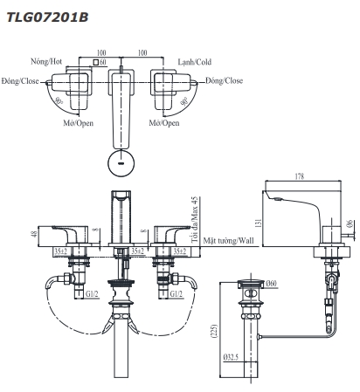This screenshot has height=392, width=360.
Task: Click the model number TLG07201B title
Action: (47, 17)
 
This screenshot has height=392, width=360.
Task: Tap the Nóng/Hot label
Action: (46, 61)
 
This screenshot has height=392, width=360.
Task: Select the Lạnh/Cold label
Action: (195, 62)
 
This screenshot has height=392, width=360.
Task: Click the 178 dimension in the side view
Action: (300, 176)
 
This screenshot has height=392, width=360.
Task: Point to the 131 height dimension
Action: (258, 223)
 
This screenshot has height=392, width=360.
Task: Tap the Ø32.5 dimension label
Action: (231, 357)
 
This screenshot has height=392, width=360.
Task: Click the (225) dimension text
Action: (214, 331)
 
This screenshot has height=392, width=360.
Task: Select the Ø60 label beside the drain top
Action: (271, 283)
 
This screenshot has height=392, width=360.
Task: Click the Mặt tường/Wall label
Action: (228, 241)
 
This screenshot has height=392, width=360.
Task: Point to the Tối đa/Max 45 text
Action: (194, 220)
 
